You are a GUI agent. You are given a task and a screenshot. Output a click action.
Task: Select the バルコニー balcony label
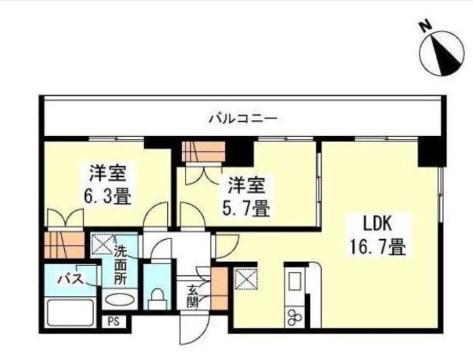[243, 118]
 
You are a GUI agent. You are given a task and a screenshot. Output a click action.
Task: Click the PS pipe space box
[114, 321]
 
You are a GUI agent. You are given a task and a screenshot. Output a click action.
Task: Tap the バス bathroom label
[70, 279]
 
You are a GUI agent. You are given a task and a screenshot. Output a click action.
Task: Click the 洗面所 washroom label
[120, 265]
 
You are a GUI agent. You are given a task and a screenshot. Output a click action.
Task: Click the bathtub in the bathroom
[70, 312]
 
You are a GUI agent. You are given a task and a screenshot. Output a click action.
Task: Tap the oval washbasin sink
[120, 301]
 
